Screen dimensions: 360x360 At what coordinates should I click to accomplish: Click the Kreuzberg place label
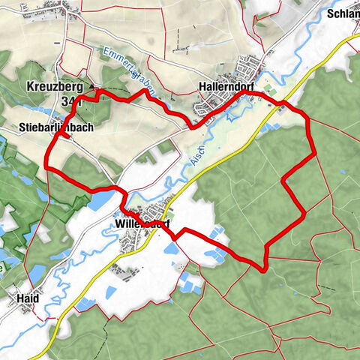coord(55,85)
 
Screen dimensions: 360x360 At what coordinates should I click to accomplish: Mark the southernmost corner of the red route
coord(264,268)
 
